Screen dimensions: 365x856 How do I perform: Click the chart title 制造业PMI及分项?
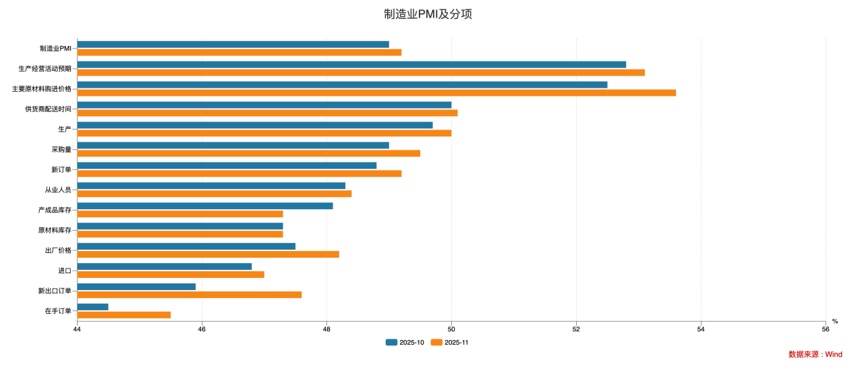428,14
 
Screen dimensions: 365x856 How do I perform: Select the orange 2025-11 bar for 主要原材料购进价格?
376,92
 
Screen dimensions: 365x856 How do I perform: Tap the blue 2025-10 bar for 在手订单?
92,307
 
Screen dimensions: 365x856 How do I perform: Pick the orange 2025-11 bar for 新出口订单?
189,295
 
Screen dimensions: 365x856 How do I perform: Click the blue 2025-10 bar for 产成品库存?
205,206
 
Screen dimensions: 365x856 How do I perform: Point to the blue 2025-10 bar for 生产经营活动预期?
351,65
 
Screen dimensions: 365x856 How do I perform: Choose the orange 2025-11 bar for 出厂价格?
208,254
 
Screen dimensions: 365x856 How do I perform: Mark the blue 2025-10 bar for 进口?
165,266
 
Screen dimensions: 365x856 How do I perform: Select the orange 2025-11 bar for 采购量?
248,153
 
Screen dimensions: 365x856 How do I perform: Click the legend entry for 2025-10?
405,342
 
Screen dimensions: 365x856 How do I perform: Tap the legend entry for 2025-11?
450,342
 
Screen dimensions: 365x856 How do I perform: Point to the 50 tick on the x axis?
451,329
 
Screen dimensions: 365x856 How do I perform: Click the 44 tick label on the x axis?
77,329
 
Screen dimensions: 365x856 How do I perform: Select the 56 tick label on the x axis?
825,329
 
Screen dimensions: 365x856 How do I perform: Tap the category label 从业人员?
58,190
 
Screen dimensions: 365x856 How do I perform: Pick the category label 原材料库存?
55,230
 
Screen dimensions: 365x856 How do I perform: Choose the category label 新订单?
61,169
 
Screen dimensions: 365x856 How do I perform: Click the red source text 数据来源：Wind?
815,354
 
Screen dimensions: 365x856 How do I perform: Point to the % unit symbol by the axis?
834,321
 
